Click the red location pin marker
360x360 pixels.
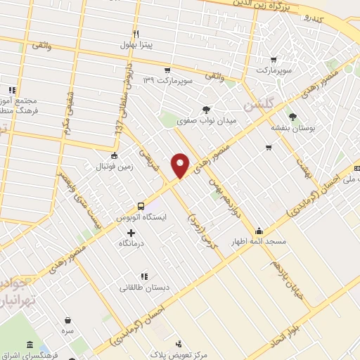181,165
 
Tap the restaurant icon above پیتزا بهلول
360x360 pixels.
137,34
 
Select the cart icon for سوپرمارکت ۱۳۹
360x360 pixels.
167,70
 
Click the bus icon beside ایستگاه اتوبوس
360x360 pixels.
141,206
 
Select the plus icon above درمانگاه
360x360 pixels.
131,232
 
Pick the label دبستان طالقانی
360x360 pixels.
143,287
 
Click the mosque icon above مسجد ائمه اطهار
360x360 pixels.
259,231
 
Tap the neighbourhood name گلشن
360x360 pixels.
256,105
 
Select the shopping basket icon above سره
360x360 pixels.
67,320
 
